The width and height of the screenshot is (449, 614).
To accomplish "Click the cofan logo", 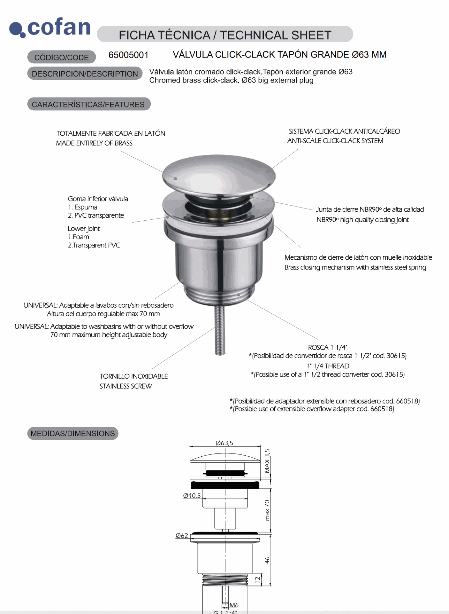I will [50, 28].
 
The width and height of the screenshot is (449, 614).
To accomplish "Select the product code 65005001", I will [128, 55].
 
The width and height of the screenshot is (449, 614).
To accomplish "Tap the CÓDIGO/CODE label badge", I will [62, 57].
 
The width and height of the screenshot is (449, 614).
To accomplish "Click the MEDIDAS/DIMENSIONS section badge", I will [73, 433].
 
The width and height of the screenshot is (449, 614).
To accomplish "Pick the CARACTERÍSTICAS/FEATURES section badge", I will [88, 104].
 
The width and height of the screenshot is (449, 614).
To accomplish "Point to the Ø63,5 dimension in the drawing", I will [224, 443].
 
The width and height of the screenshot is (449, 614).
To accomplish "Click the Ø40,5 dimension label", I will [192, 495].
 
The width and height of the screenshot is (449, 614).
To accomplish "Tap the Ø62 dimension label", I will [182, 535].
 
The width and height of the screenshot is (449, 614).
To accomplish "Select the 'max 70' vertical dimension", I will [267, 510].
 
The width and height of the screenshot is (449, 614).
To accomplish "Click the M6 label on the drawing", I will [234, 605].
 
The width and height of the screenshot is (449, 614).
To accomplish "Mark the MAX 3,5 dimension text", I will [267, 461].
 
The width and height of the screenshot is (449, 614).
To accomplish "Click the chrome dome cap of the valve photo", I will [218, 174].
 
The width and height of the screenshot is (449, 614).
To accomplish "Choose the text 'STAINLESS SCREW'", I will [126, 386].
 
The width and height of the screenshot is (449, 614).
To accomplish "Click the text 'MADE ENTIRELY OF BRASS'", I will [94, 143].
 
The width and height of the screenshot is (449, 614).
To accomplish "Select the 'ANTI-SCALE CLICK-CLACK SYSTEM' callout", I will [335, 141].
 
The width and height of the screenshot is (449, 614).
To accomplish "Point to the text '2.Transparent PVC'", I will [94, 245].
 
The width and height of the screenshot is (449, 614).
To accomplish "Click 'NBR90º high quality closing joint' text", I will [362, 220].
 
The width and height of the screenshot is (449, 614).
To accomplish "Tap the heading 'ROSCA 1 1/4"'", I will [327, 347].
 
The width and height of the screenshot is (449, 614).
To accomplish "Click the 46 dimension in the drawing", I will [267, 560].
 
